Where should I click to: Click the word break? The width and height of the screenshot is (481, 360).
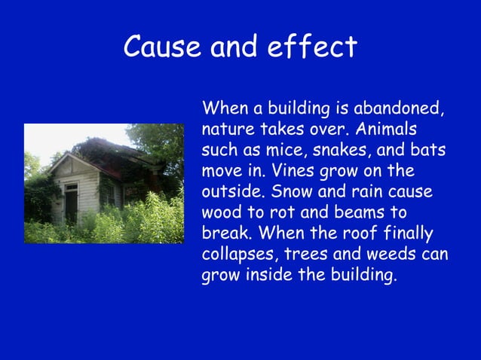tap(225, 233)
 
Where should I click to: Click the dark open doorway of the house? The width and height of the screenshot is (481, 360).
tap(71, 203)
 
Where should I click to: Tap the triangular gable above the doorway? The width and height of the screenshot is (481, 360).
tap(70, 166)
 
